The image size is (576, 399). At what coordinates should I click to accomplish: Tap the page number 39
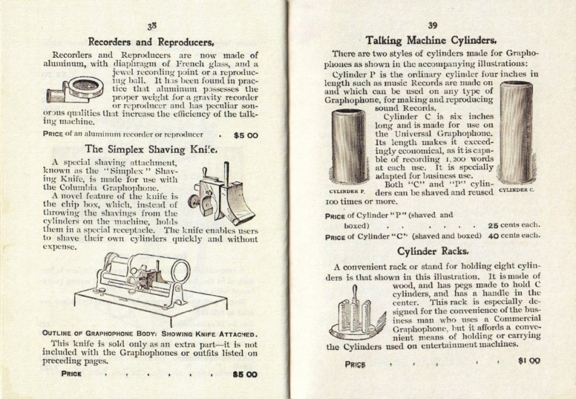point(431,25)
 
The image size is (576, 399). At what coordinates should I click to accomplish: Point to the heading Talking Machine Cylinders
point(431,40)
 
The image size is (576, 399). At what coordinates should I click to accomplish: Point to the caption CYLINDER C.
point(517,189)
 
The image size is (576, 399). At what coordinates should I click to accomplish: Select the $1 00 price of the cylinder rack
point(529,362)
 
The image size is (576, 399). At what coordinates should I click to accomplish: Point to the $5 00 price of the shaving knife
point(245,374)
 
